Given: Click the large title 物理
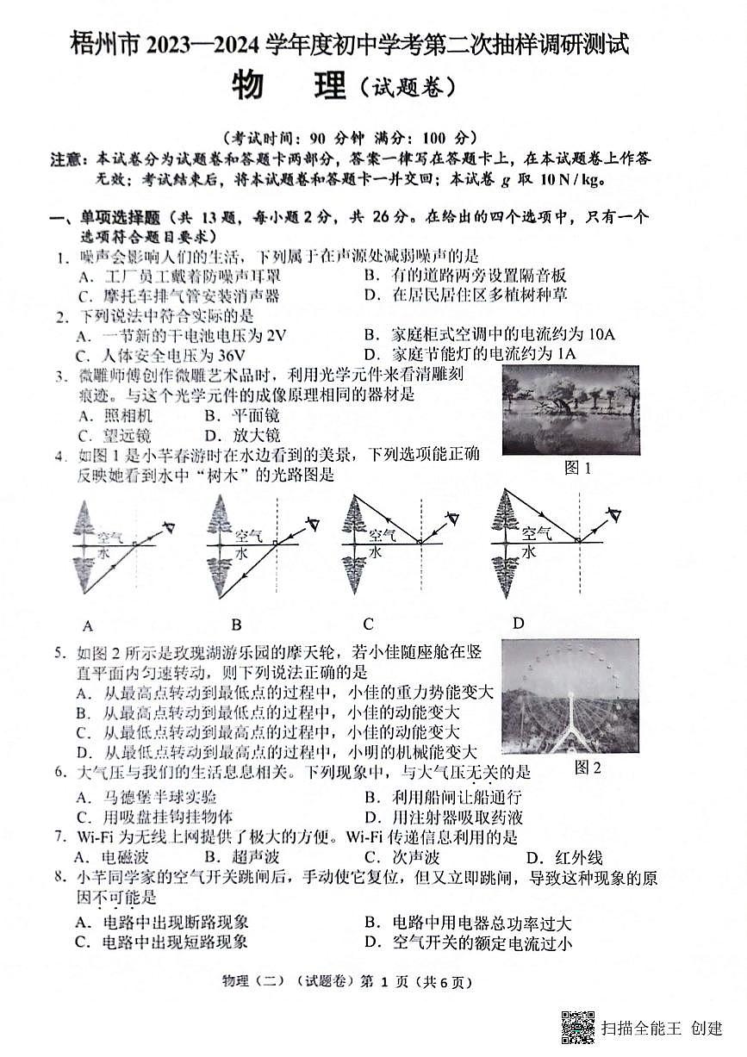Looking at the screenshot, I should click(x=289, y=86).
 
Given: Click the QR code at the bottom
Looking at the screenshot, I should click(x=578, y=1027).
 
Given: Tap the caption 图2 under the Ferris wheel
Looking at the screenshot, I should click(x=587, y=767).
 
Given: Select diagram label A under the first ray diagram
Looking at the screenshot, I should click(x=87, y=625).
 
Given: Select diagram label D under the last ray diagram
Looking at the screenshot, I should click(x=518, y=623).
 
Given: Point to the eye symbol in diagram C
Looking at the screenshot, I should click(x=451, y=519).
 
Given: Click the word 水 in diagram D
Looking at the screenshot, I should click(x=528, y=551).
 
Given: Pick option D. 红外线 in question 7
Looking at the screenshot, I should click(x=565, y=857).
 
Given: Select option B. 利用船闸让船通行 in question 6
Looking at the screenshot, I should click(x=443, y=797).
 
